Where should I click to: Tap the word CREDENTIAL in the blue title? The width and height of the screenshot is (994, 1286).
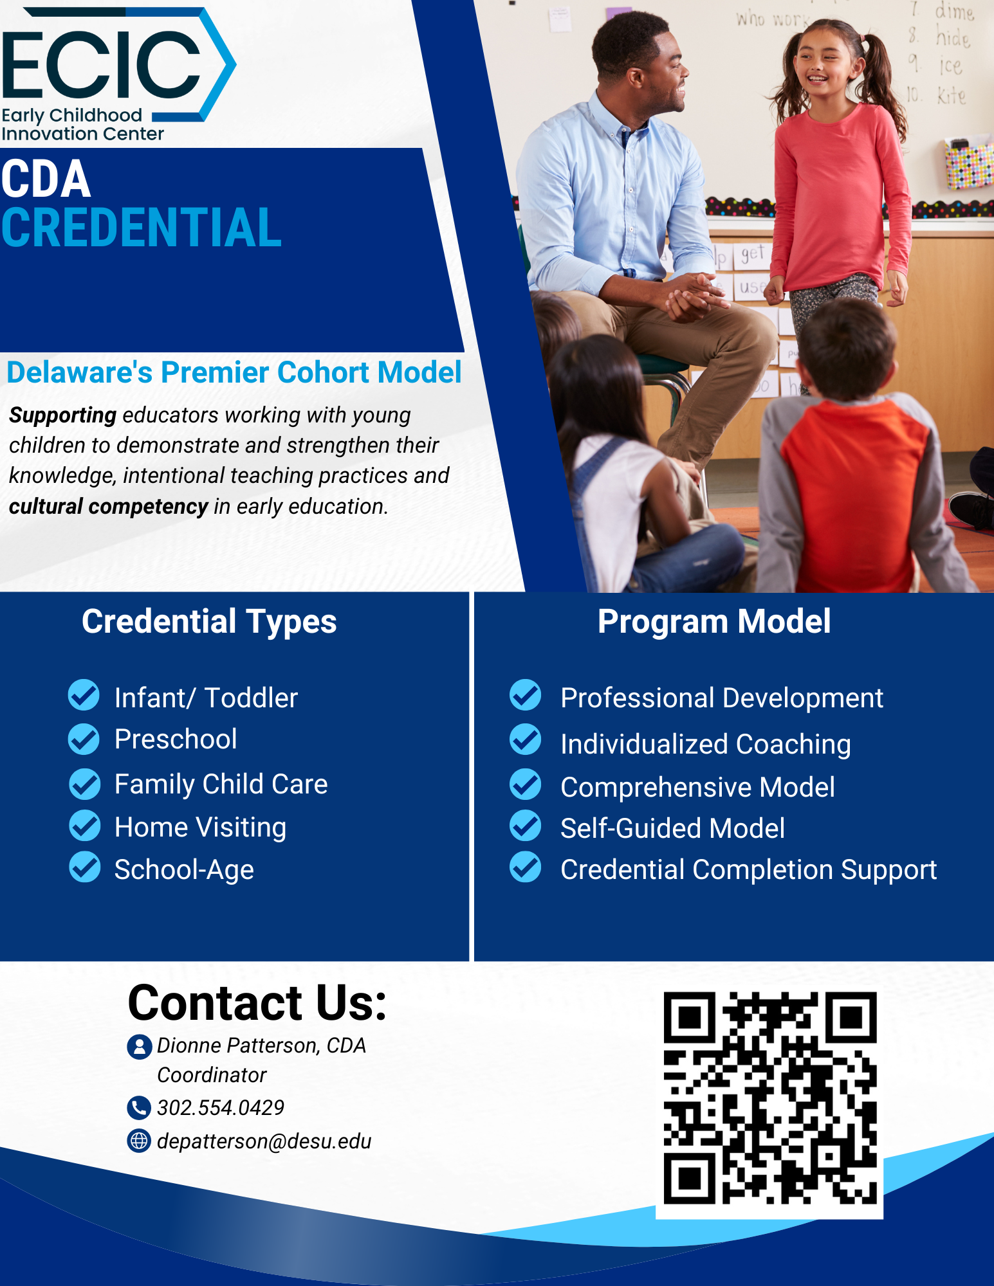(142, 228)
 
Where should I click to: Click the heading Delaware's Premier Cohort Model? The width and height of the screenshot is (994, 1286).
(234, 372)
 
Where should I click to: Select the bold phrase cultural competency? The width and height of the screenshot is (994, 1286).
(108, 507)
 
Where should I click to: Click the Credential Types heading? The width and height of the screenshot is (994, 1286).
(209, 622)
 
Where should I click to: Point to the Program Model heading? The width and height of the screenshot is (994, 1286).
(714, 622)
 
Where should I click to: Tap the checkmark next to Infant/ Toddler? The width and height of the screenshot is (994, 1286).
(84, 695)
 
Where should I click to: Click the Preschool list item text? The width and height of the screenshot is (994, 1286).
(176, 739)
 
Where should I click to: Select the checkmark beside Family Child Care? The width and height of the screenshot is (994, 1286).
(84, 784)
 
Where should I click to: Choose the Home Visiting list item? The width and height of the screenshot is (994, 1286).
(200, 828)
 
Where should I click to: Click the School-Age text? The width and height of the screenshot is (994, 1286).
(184, 870)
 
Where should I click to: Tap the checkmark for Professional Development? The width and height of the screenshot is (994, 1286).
(526, 695)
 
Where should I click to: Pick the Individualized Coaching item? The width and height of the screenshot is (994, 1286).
(706, 745)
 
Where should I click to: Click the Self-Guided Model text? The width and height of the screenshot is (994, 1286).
(672, 828)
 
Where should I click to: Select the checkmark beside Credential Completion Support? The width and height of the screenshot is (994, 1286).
(526, 867)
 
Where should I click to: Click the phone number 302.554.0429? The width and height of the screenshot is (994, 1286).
(221, 1107)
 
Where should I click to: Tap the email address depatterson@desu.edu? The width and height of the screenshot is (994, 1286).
(264, 1141)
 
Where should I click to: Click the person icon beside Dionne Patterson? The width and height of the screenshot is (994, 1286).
(139, 1047)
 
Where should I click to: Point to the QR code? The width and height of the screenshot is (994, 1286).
(769, 1098)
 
